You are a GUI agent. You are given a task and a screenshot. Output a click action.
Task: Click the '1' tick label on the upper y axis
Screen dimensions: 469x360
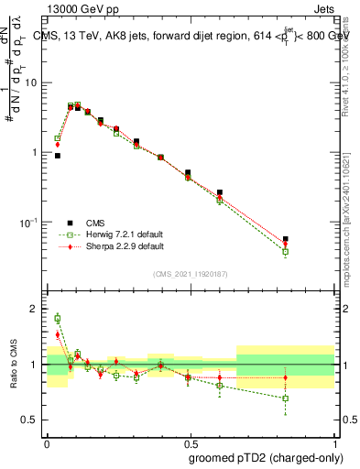point(38,152)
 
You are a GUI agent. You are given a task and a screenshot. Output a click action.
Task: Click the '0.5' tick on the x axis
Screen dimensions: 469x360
point(190,442)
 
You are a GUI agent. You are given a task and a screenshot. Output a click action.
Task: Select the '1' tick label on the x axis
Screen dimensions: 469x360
point(333,442)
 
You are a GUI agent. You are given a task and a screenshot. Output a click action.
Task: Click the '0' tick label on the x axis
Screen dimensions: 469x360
point(47,442)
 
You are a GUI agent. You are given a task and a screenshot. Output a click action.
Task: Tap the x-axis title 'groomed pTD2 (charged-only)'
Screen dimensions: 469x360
point(266,457)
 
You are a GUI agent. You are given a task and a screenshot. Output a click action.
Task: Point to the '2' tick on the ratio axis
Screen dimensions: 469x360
point(37,309)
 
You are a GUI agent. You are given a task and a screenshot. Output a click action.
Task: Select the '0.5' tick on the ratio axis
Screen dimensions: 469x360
point(34,420)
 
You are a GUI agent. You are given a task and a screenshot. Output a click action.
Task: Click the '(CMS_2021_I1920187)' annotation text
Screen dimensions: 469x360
point(190,273)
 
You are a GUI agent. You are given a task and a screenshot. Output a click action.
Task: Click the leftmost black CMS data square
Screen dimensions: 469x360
point(58,156)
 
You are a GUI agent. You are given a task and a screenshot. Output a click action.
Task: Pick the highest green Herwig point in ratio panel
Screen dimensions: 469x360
point(58,319)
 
